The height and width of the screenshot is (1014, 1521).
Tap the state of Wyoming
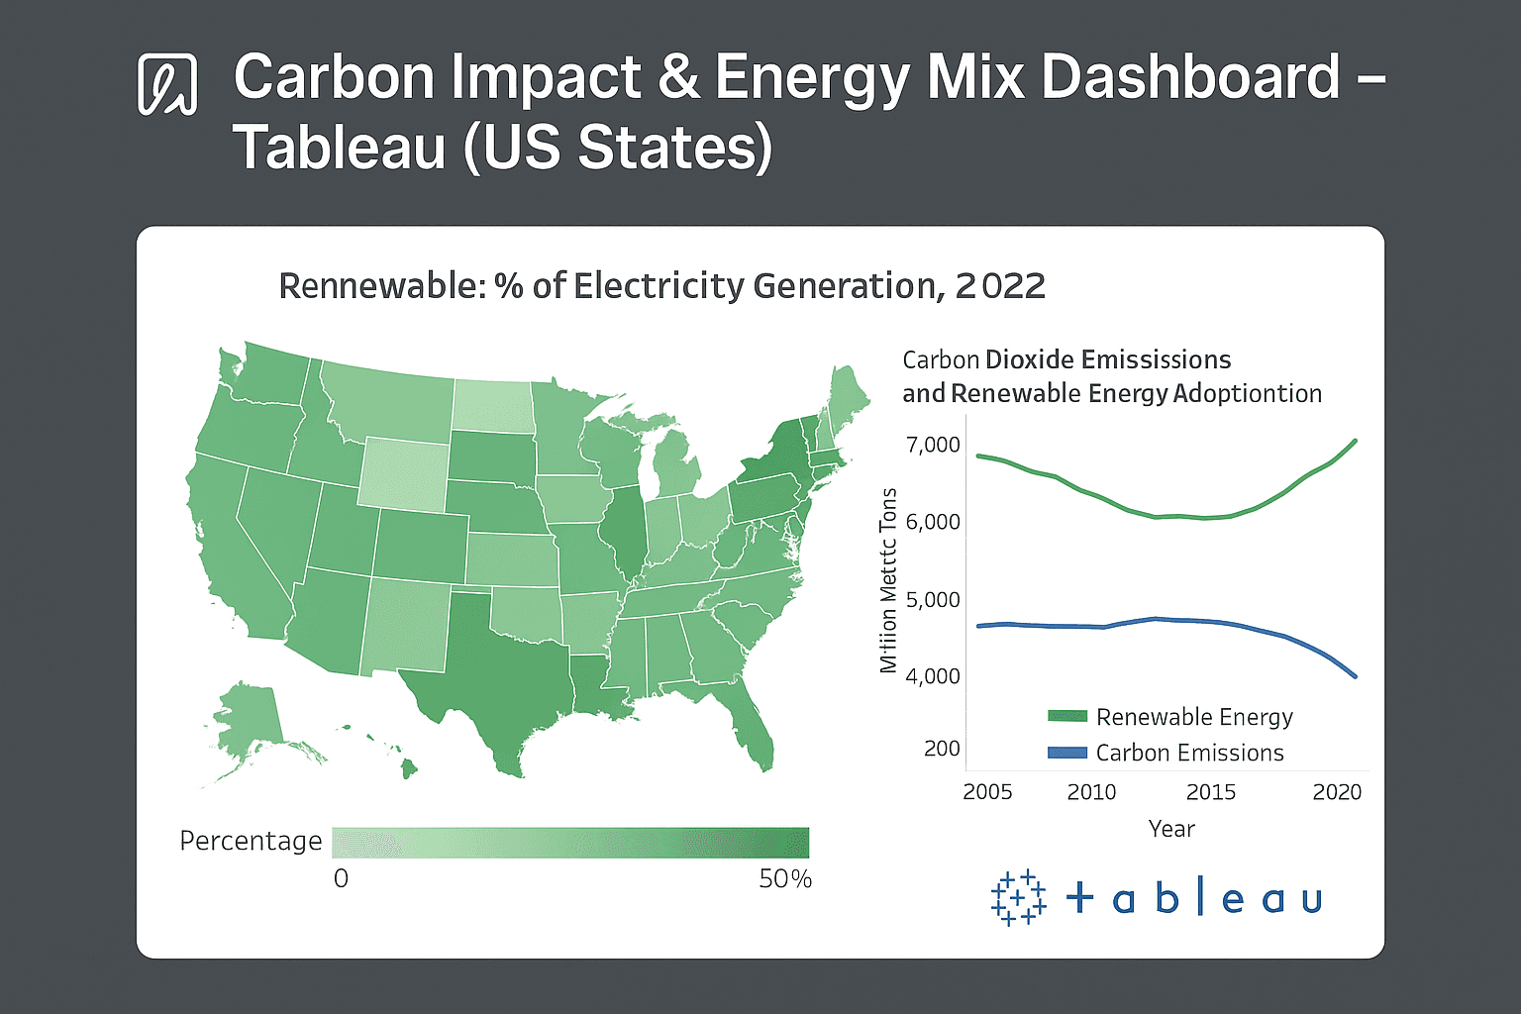click(x=404, y=473)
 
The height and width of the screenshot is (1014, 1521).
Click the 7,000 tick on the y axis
click(x=933, y=445)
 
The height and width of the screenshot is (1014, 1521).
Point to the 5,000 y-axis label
click(x=933, y=599)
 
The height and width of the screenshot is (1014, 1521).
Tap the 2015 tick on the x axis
click(x=1210, y=792)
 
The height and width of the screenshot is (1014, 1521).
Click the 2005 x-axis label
click(x=987, y=792)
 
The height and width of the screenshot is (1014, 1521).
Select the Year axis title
click(x=1171, y=829)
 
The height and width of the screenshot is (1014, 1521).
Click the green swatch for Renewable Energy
click(x=1067, y=716)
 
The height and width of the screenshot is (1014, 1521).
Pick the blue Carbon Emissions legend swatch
click(x=1067, y=753)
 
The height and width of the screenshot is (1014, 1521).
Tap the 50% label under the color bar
click(x=785, y=879)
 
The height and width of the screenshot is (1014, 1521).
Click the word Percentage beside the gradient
click(x=251, y=841)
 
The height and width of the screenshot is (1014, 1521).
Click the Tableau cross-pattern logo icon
click(x=1018, y=897)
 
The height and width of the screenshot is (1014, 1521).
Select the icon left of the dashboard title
click(x=166, y=84)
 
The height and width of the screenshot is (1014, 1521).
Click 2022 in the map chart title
click(x=1000, y=286)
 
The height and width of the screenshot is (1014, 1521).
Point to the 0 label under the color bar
click(x=341, y=879)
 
